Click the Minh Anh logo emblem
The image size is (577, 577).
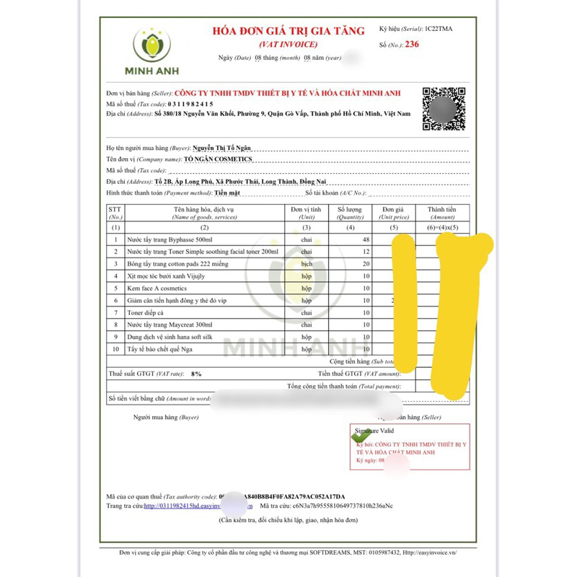click(x=152, y=45)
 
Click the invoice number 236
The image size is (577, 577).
click(x=412, y=45)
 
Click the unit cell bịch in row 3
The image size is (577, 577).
click(x=307, y=263)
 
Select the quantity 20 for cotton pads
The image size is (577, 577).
click(x=366, y=263)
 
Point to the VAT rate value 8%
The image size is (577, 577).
click(x=196, y=374)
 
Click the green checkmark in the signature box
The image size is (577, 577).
click(x=361, y=436)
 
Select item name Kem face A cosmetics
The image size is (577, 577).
click(x=157, y=288)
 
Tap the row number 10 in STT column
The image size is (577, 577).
click(x=115, y=350)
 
